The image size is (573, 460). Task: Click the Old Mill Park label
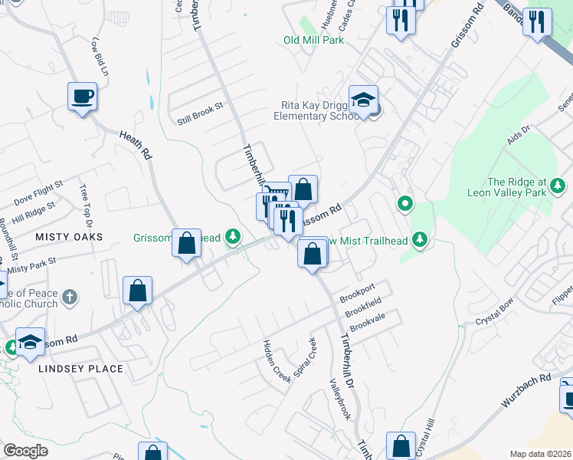pos(313,40)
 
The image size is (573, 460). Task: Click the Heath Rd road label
pos(135,143)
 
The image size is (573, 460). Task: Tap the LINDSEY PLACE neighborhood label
pos(80,369)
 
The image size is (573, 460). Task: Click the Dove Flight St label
pos(38,192)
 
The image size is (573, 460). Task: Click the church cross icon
pos(70,296)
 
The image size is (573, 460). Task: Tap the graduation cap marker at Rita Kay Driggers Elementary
pos(363,100)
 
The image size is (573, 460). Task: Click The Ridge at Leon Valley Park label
pos(507,187)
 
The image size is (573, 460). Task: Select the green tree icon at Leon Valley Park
pos(558,185)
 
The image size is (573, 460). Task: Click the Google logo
pos(26,451)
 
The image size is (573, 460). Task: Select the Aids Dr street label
pos(519,136)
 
